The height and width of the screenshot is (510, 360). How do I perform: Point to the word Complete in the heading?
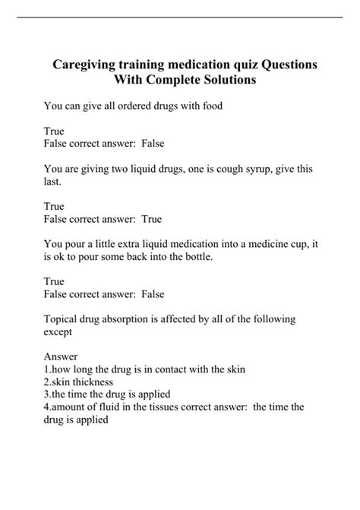tap(163, 81)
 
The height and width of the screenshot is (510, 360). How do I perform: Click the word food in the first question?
tap(210, 106)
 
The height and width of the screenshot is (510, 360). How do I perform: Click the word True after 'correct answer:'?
tap(152, 219)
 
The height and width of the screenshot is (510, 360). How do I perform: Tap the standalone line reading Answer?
tap(61, 356)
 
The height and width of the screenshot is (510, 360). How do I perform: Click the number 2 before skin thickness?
tap(46, 382)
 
